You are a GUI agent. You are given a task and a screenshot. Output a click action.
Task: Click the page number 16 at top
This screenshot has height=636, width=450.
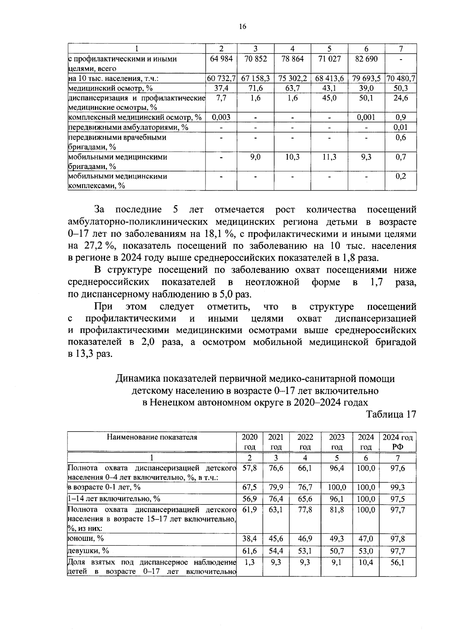click(x=242, y=26)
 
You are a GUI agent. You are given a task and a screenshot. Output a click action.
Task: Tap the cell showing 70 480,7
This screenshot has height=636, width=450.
click(x=401, y=79)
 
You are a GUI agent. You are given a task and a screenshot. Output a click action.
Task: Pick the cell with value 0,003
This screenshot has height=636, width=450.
click(x=221, y=117)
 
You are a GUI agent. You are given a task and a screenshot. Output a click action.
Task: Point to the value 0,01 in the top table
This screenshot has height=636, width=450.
click(x=401, y=127)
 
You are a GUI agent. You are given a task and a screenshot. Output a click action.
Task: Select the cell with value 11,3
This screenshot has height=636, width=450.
click(x=329, y=157)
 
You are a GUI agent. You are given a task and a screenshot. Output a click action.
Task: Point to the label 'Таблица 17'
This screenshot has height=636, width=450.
click(x=391, y=414)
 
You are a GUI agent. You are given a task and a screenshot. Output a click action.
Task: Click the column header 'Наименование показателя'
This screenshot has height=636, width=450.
click(x=152, y=437)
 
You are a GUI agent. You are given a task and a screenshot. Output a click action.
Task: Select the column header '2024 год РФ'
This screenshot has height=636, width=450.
click(x=398, y=442)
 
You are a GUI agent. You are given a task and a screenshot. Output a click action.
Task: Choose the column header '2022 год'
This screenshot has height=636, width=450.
click(x=305, y=442)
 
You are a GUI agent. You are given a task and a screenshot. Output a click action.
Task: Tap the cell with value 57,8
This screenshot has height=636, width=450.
click(x=250, y=468)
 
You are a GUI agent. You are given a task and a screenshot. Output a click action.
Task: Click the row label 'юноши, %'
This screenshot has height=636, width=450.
click(x=85, y=539)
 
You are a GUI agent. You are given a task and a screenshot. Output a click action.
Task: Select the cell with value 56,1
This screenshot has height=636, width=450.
click(x=398, y=563)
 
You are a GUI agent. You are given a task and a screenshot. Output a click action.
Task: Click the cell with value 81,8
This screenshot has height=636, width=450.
click(x=337, y=510)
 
